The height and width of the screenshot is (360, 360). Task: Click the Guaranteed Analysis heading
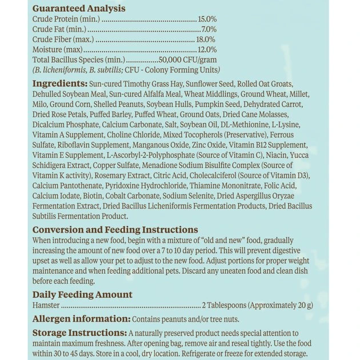[79, 9]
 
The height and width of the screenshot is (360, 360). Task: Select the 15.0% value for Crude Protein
[207, 19]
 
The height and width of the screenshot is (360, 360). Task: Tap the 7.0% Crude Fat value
[209, 29]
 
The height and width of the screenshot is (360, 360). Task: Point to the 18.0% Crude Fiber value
[206, 39]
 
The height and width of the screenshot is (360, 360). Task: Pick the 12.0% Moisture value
[206, 50]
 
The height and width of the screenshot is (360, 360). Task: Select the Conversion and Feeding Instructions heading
[115, 230]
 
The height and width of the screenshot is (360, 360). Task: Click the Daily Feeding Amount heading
[82, 294]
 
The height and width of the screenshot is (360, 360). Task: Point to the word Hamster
[47, 305]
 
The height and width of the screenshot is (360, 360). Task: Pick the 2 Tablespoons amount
[227, 305]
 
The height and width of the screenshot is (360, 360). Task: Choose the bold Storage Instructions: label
[79, 333]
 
